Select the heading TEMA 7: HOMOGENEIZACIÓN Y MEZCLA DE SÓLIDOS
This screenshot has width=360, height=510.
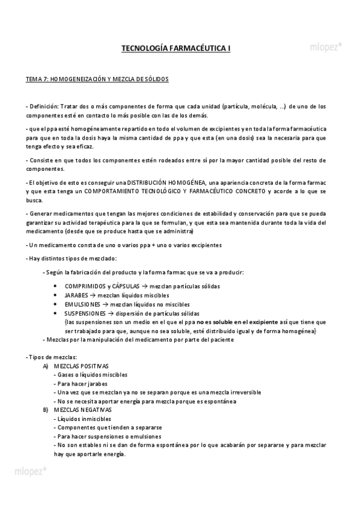click(x=97, y=79)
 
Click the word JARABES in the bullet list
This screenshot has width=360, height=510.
click(x=76, y=296)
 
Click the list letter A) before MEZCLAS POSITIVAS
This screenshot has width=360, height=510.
click(x=46, y=366)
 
